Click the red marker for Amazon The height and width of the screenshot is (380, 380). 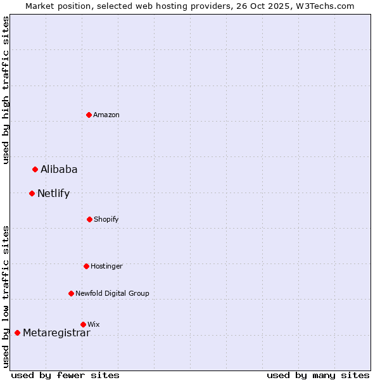click(89, 115)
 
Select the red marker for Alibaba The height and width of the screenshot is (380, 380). click(35, 169)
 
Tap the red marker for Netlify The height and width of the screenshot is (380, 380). click(32, 193)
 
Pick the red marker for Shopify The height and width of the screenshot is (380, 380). click(89, 219)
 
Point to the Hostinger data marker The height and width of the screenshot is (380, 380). click(86, 266)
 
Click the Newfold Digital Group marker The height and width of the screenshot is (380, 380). click(71, 293)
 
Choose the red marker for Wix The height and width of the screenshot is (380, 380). click(83, 324)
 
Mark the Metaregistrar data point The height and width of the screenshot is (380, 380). click(17, 332)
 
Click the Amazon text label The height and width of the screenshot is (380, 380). click(106, 115)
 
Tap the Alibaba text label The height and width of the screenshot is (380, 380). click(59, 169)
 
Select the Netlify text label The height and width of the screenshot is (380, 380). click(53, 193)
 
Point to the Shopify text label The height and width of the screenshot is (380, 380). click(106, 219)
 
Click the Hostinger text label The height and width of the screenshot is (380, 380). click(106, 266)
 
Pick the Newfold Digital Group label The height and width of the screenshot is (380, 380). click(112, 293)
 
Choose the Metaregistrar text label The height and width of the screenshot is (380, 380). click(56, 332)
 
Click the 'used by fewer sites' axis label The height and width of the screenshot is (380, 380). click(65, 375)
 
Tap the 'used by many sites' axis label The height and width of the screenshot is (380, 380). click(318, 375)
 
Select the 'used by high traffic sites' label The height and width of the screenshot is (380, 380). click(6, 90)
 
